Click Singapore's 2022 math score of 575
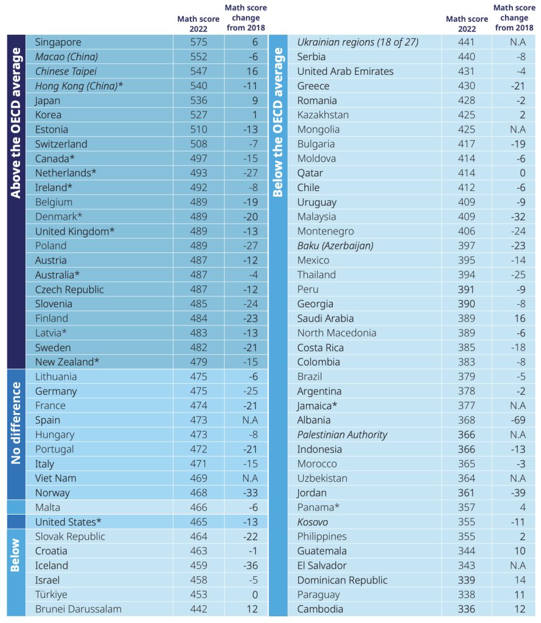click(198, 42)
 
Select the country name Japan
click(47, 100)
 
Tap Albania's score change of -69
click(518, 420)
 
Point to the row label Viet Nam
click(55, 478)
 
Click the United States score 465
click(198, 522)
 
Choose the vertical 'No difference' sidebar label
click(16, 423)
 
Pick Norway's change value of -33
click(251, 493)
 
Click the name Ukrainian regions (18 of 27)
click(358, 42)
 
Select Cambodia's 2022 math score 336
click(466, 609)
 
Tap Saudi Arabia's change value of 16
click(520, 318)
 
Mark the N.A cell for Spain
click(251, 420)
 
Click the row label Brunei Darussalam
click(79, 609)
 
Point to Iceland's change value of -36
click(251, 565)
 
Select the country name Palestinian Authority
click(342, 434)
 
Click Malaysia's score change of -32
click(518, 217)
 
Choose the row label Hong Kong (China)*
click(79, 86)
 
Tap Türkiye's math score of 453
click(198, 594)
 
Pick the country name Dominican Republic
click(342, 580)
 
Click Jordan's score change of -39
click(518, 493)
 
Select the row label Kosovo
click(312, 522)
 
